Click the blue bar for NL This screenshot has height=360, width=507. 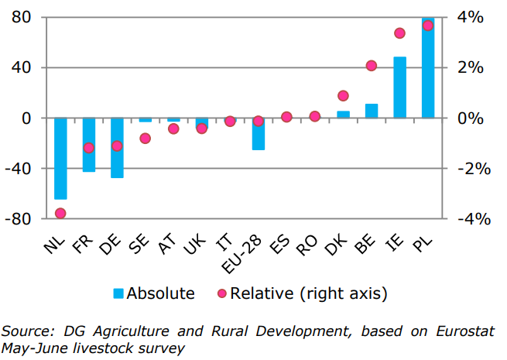(x=60, y=158)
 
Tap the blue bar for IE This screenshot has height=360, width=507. (x=399, y=87)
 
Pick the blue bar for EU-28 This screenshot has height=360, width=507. (x=259, y=133)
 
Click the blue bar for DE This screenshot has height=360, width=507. (x=117, y=147)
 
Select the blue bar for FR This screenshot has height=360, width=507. (x=89, y=144)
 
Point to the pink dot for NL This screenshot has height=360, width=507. (x=60, y=214)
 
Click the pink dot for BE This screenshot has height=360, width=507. (x=372, y=66)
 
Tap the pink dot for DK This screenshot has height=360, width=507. (x=344, y=96)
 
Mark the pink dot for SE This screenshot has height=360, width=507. (x=146, y=139)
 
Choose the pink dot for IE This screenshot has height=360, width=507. (x=399, y=33)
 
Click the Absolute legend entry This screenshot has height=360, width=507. (x=153, y=293)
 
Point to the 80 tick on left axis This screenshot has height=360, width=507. (x=21, y=17)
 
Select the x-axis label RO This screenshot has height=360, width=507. (x=308, y=246)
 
